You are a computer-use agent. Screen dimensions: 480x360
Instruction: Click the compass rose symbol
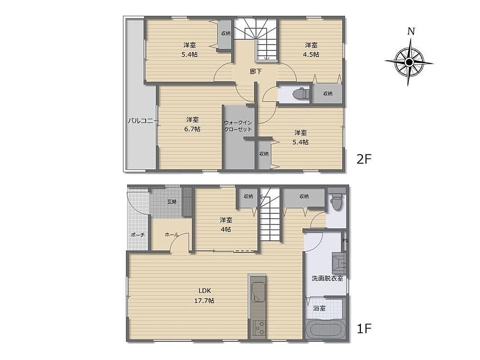[x=409, y=63]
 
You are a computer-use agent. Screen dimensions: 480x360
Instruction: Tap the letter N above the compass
[x=411, y=31]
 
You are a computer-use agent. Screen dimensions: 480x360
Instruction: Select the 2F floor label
[x=364, y=159]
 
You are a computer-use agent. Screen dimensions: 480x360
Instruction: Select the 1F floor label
[x=364, y=329]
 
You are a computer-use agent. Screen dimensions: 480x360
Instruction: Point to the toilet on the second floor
[x=300, y=93]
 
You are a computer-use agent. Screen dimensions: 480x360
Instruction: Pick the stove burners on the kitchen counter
[x=259, y=328]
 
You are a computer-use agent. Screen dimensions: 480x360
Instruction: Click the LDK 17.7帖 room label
[x=205, y=295]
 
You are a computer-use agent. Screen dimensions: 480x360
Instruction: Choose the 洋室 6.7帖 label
[x=192, y=124]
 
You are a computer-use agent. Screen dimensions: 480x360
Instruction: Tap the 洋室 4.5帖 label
[x=311, y=49]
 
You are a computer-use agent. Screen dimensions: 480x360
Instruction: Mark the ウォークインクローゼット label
[x=238, y=126]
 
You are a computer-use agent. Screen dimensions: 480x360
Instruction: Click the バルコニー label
[x=140, y=121]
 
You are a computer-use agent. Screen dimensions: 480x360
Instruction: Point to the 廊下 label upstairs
[x=256, y=72]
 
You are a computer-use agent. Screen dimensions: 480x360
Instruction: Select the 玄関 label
[x=172, y=202]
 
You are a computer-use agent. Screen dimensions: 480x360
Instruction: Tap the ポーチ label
[x=138, y=235]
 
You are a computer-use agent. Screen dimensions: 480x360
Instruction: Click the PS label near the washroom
[x=345, y=240]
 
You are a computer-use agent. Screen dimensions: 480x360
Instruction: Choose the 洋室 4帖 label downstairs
[x=226, y=225]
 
